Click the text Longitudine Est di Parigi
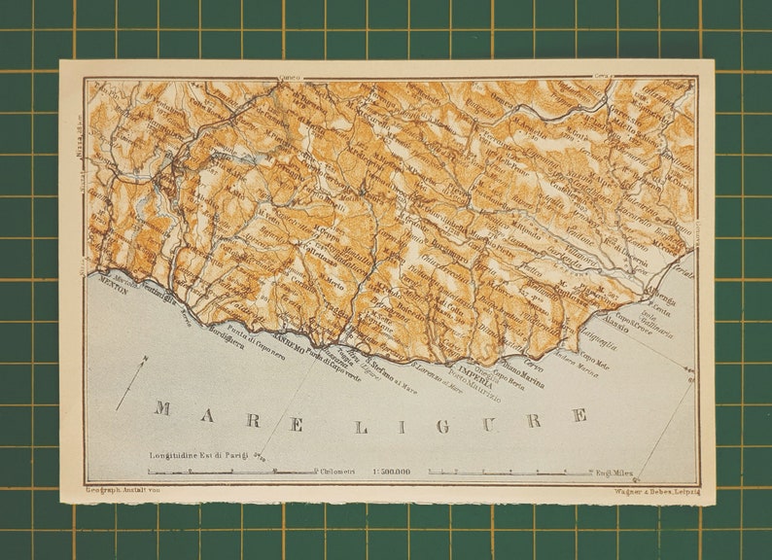pos(197,454)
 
